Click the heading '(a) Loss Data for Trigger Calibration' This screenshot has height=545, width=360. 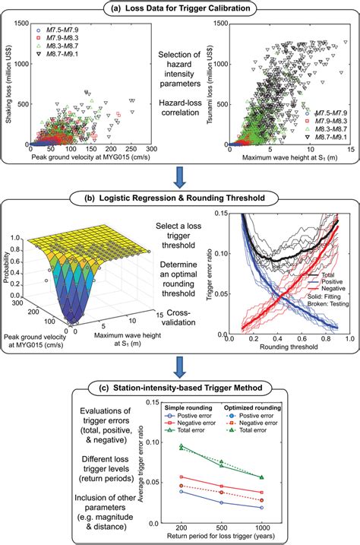179,8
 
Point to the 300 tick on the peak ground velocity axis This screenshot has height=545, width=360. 152,150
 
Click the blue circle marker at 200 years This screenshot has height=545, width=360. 181,491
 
